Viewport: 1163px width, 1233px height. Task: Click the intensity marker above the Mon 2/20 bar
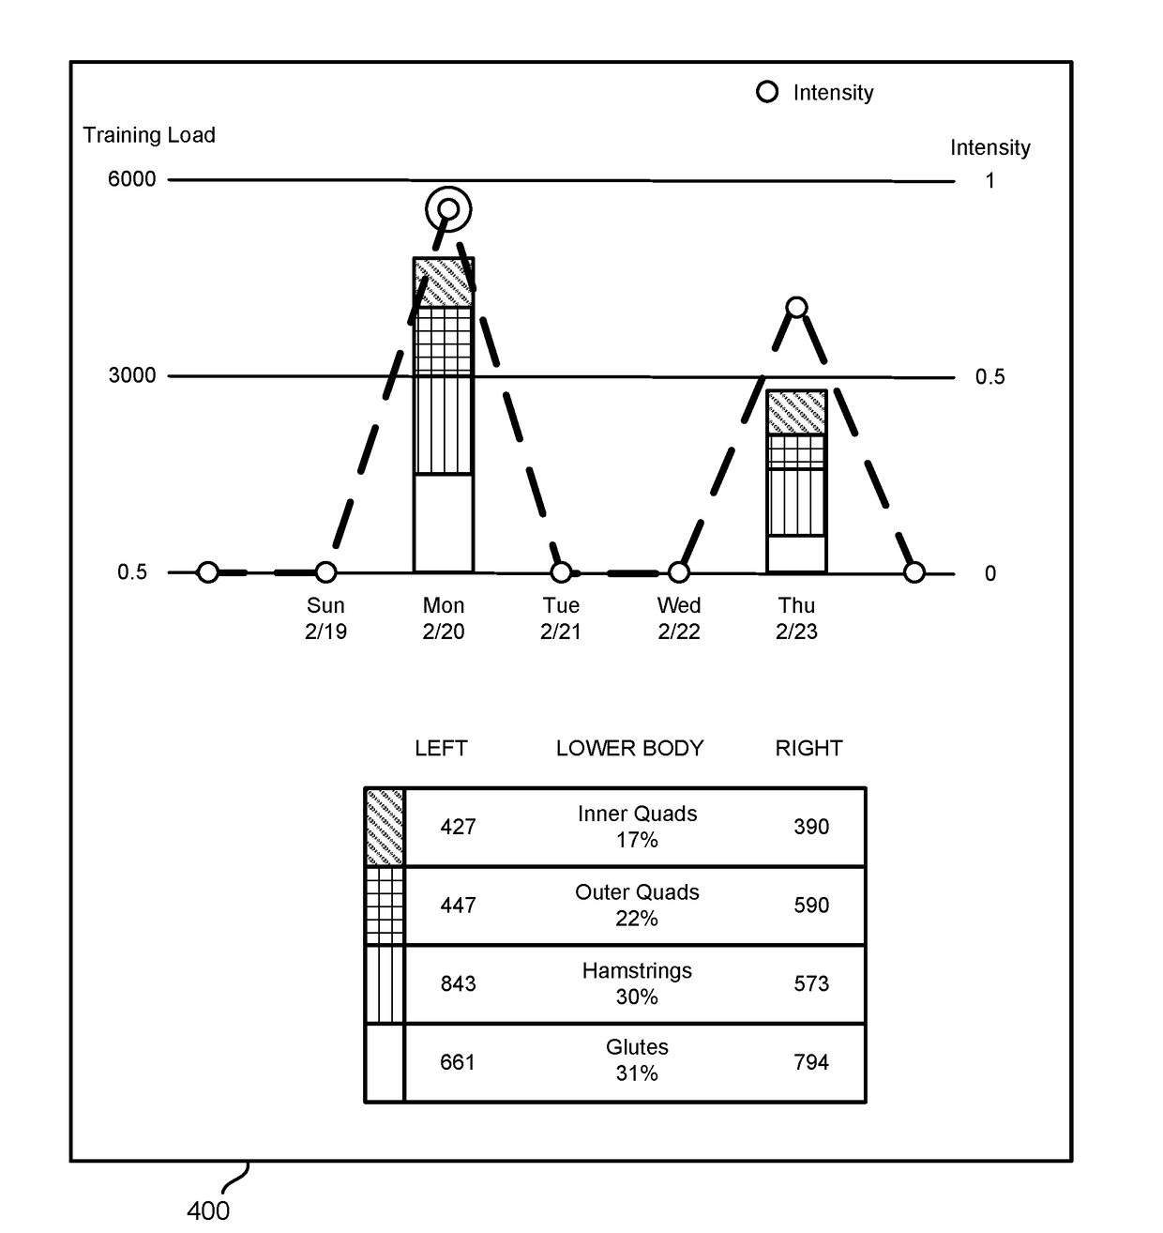click(x=448, y=208)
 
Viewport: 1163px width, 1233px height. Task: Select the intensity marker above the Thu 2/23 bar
click(x=796, y=307)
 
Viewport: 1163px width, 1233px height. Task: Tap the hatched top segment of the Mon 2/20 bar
click(x=444, y=282)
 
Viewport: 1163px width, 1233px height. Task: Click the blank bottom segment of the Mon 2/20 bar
click(x=444, y=523)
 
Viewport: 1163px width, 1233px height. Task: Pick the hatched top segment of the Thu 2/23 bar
click(x=796, y=412)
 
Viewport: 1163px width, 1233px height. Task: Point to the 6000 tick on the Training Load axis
click(x=132, y=179)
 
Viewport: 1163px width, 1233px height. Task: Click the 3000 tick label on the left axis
click(x=132, y=375)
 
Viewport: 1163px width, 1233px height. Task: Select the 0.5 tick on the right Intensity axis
click(x=989, y=377)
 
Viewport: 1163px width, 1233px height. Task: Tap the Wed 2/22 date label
click(x=679, y=618)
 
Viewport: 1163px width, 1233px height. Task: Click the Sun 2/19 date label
click(x=325, y=618)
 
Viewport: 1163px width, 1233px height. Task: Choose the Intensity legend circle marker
click(x=767, y=92)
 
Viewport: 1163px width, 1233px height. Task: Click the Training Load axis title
click(x=149, y=135)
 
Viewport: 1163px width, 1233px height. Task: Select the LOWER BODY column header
click(x=629, y=749)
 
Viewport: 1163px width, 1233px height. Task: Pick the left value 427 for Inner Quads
click(x=458, y=827)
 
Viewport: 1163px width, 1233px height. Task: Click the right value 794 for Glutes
click(x=811, y=1062)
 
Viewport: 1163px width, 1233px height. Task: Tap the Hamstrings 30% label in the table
click(x=637, y=983)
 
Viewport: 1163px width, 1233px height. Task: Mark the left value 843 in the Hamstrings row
click(x=458, y=983)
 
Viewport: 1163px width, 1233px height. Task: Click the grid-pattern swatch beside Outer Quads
click(x=385, y=906)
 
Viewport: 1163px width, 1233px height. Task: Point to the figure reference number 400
click(x=208, y=1211)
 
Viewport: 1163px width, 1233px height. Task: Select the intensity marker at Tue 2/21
click(x=561, y=571)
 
